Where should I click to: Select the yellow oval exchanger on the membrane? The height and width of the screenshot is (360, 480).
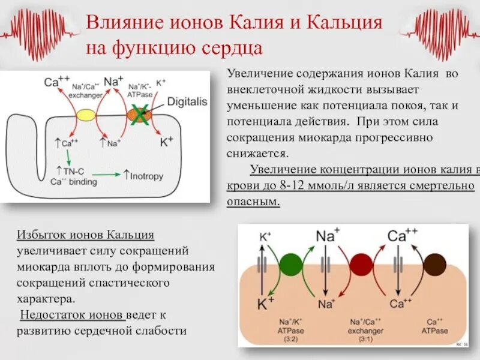[x=86, y=114]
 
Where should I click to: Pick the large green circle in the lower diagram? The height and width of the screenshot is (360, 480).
[x=290, y=265]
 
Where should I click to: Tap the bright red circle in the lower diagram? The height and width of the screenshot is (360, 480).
[x=361, y=265]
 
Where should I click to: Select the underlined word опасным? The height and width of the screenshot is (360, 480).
[x=253, y=202]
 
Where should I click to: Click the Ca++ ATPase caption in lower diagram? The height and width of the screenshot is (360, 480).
[x=434, y=326]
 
